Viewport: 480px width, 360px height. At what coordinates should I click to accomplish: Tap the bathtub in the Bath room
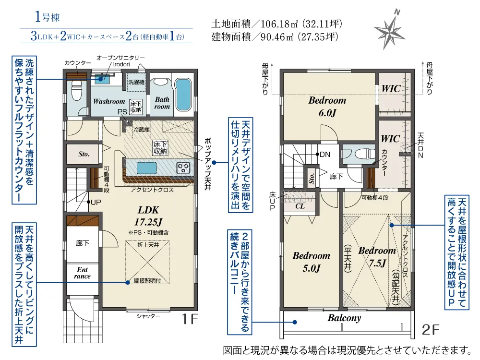(x=183, y=94)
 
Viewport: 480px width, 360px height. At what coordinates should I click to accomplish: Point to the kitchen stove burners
(x=183, y=168)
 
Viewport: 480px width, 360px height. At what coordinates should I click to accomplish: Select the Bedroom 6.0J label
(x=327, y=107)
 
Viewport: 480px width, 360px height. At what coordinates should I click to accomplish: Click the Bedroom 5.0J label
(x=312, y=262)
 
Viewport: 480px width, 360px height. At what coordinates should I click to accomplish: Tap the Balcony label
(x=344, y=318)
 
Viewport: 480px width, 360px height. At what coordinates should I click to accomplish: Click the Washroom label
(x=109, y=102)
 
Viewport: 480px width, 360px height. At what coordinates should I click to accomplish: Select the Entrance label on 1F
(x=83, y=273)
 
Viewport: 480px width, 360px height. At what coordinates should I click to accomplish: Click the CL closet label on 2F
(x=300, y=207)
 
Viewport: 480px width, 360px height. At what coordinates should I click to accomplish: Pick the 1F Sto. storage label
(x=84, y=154)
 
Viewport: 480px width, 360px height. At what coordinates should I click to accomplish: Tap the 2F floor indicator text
(x=430, y=330)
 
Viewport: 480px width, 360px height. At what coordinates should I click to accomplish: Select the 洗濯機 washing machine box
(x=136, y=82)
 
